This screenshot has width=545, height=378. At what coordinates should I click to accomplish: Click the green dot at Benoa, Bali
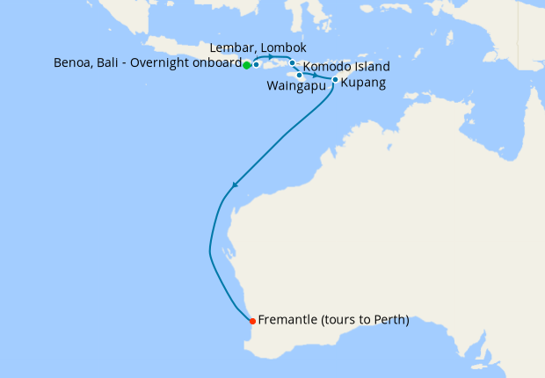(247, 65)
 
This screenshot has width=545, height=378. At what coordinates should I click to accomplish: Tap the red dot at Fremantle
(252, 320)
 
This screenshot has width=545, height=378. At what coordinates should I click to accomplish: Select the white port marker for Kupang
(335, 79)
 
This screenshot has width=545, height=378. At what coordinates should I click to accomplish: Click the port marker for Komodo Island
(293, 63)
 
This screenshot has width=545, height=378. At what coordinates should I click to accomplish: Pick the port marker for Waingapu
(300, 75)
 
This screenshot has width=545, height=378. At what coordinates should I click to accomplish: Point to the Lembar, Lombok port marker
(256, 64)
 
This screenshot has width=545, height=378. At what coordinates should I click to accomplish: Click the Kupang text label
(361, 83)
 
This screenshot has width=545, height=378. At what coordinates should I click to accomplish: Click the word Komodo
(329, 67)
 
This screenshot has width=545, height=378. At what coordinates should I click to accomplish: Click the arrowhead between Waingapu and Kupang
(315, 76)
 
